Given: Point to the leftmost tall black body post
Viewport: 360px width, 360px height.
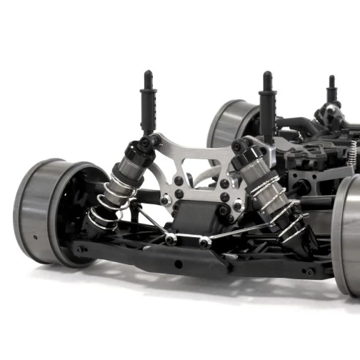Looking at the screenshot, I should (x=148, y=100).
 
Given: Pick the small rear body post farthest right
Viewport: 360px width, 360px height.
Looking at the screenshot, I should (x=331, y=89).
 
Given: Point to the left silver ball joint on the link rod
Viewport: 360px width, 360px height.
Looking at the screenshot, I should (x=171, y=239).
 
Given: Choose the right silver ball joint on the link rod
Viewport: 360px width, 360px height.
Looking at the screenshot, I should (x=205, y=242).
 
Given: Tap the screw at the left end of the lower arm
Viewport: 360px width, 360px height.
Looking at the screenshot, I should (x=82, y=250).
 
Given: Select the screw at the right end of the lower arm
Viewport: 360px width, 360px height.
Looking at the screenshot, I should (x=309, y=271).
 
